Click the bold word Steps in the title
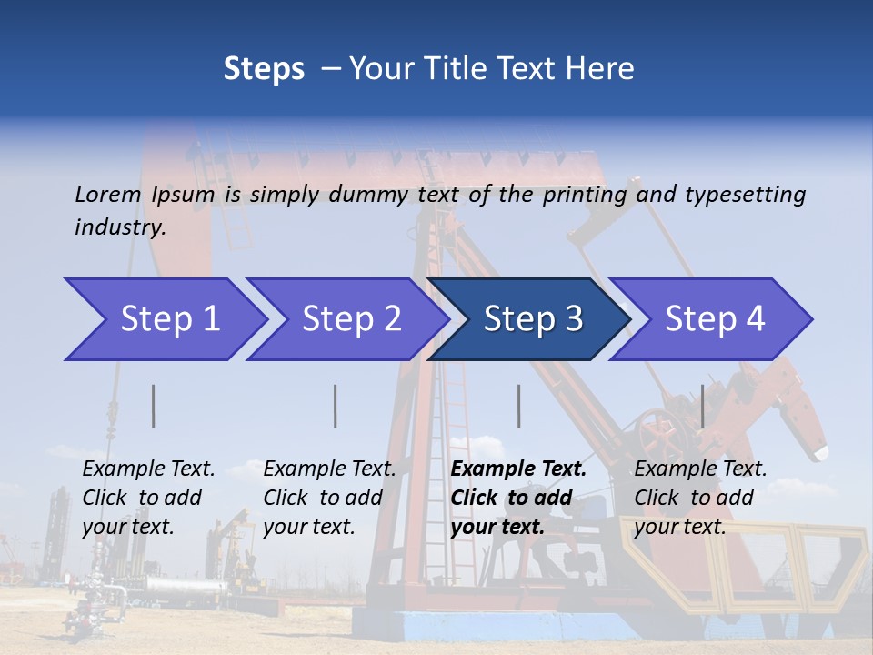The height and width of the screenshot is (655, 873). point(264,69)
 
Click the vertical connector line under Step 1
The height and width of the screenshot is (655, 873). point(154,406)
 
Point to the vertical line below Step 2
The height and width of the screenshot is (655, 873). point(336,406)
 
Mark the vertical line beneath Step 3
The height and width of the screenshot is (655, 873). point(518,406)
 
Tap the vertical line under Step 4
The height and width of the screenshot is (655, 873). point(702,406)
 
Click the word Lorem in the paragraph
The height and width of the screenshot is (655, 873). point(108,194)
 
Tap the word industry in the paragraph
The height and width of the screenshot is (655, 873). point(120,227)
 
